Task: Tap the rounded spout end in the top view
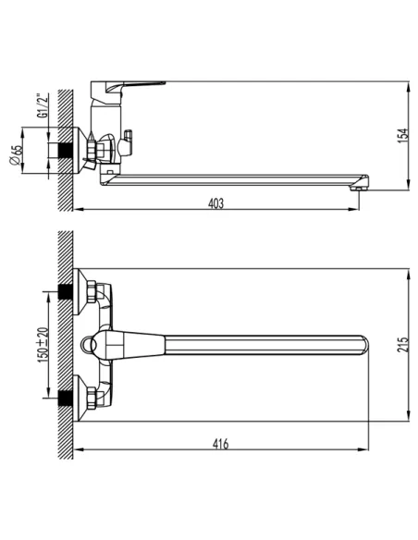click(363, 347)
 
